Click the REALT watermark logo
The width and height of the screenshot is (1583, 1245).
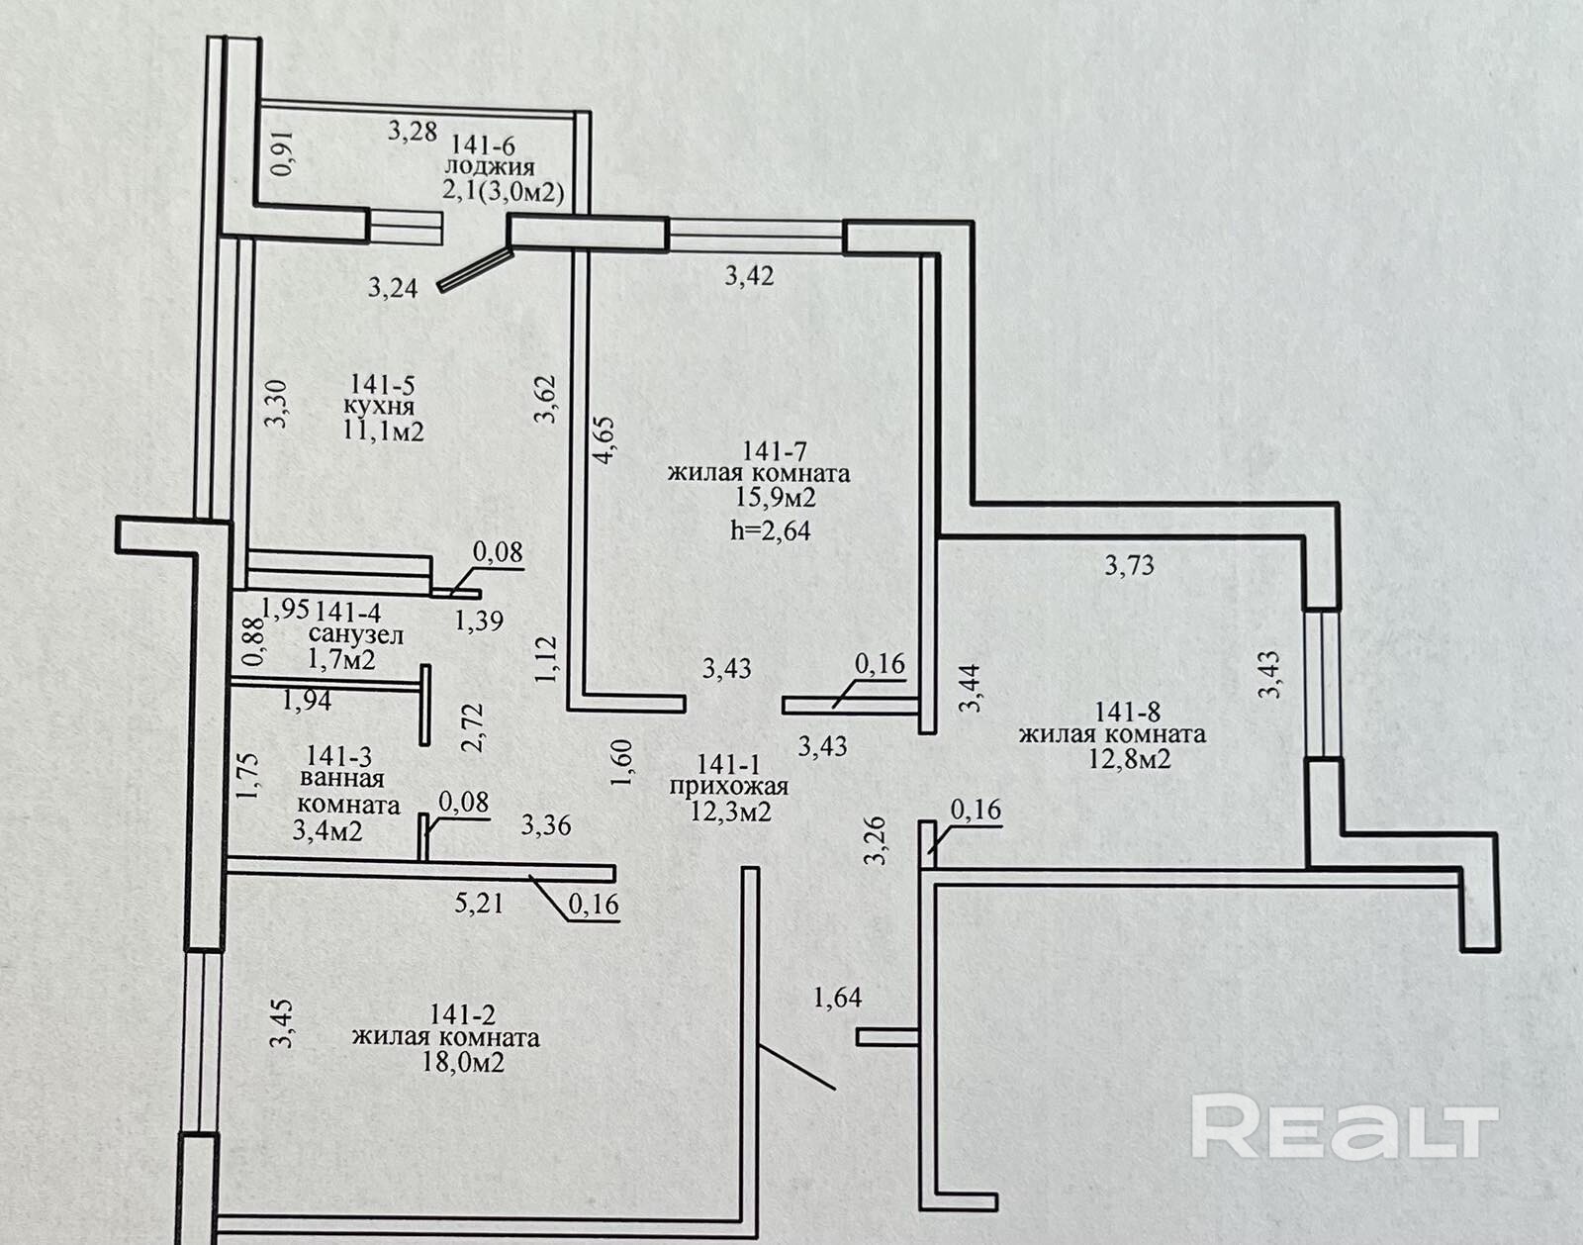click(1344, 1125)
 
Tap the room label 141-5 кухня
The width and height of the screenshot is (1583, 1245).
click(380, 394)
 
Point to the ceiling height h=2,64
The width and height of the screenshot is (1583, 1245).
click(770, 530)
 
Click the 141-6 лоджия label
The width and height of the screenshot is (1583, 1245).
click(491, 156)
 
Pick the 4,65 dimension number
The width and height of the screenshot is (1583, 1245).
click(605, 441)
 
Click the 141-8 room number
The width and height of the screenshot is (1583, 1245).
click(1128, 711)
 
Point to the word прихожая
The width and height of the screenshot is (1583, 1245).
click(729, 788)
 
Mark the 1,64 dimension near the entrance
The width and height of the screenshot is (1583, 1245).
click(837, 997)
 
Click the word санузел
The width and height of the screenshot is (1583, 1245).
click(355, 634)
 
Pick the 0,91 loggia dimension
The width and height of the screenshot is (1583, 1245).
click(283, 154)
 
